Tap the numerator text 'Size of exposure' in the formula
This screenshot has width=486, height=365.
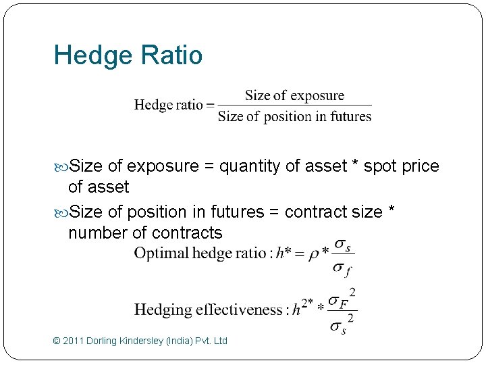pos(294,95)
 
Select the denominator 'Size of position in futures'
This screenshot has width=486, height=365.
pos(294,116)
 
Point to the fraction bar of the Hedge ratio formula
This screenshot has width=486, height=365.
pos(294,105)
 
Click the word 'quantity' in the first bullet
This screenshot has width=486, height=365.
pos(250,167)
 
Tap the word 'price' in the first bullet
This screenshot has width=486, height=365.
pos(420,167)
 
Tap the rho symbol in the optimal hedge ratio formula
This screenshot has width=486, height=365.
pos(314,255)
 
